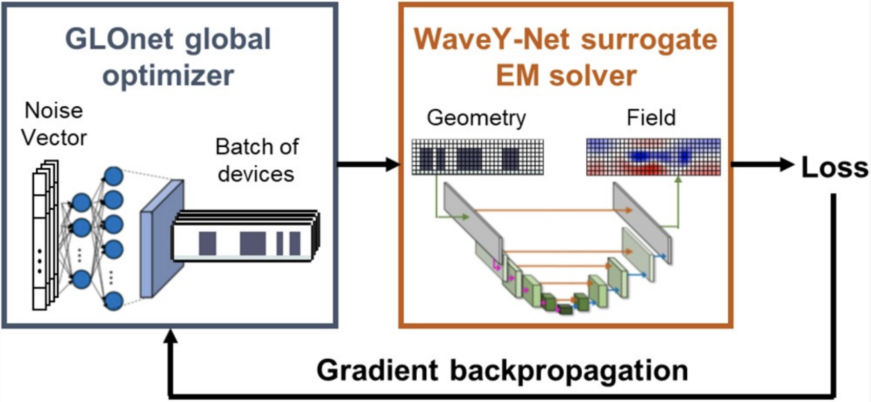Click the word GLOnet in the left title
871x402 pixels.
119,40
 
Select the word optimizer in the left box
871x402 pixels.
168,76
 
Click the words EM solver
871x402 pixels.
566,76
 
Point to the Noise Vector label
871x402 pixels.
54,124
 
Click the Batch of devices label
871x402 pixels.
257,161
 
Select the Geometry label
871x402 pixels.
476,118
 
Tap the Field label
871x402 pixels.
651,118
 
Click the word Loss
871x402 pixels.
834,167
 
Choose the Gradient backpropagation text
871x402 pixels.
502,370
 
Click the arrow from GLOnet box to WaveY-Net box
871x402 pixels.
369,164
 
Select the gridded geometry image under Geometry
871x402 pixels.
478,157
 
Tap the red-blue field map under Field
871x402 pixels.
653,157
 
